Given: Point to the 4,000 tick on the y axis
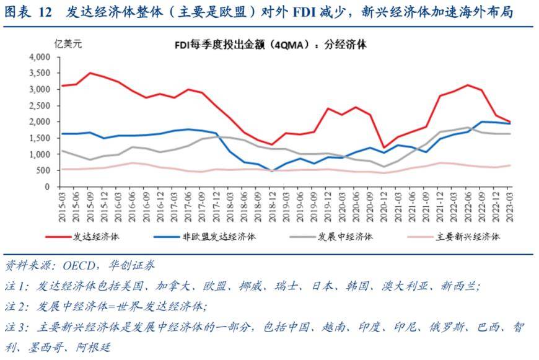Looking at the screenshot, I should tap(39, 57).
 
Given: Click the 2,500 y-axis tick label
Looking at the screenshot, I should tap(39, 105).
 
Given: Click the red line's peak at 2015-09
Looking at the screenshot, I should tap(90, 73).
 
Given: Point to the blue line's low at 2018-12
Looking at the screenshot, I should tap(273, 170).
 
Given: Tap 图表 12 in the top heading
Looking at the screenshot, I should tap(28, 12).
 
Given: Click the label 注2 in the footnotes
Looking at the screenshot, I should tap(17, 306).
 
